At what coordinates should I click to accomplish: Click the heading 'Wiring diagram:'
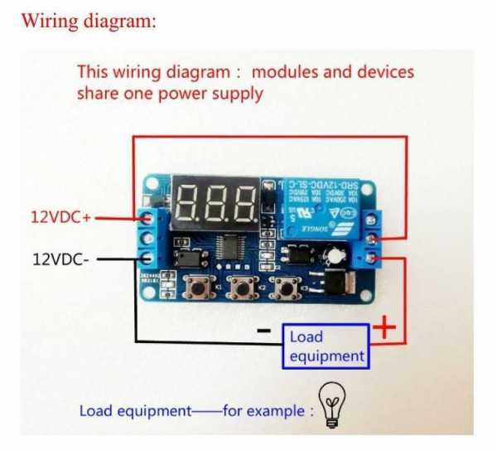[x=89, y=21]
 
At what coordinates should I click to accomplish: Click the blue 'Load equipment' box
[x=326, y=346]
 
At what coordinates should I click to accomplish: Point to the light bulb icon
[x=332, y=405]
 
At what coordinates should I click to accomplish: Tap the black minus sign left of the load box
[x=264, y=331]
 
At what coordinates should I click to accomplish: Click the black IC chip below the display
[x=229, y=247]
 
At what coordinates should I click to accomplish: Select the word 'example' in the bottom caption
[x=277, y=410]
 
